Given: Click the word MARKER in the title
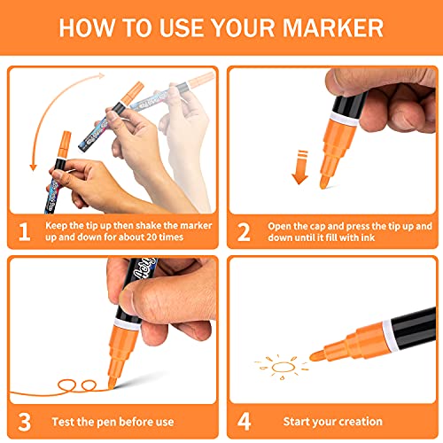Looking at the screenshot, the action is (333, 27).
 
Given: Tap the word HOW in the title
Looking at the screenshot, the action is (86, 27).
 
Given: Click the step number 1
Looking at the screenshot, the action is (25, 232).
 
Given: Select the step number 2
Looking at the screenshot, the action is (244, 232).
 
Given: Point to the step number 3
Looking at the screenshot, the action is (25, 422).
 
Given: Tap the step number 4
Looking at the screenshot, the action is (244, 422).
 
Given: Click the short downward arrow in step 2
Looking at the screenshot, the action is (300, 167).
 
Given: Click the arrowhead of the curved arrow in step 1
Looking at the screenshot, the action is (33, 167).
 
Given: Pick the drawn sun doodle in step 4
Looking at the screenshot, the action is (281, 367).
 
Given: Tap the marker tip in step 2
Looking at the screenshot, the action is (324, 183).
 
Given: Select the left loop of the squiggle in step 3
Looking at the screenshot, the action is (68, 385).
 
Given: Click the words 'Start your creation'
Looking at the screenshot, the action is (333, 422).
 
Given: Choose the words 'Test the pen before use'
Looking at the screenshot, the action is (113, 422).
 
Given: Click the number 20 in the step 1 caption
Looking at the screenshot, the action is (152, 237).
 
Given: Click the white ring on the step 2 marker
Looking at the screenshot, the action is (344, 119).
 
